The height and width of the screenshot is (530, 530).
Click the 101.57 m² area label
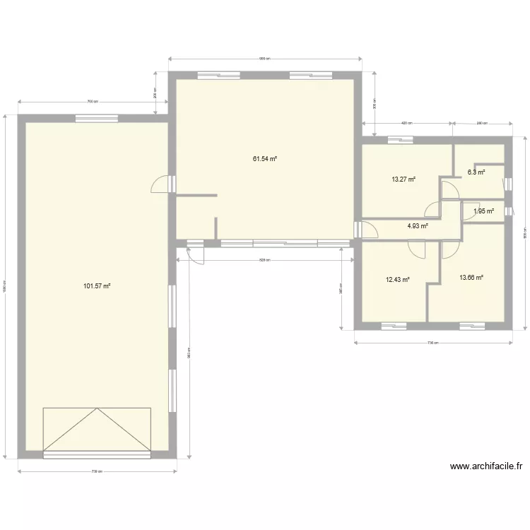pyautogui.click(x=98, y=286)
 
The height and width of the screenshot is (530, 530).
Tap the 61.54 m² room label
pyautogui.click(x=265, y=159)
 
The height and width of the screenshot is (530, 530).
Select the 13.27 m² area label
pyautogui.click(x=404, y=179)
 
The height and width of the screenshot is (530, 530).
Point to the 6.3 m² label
pyautogui.click(x=479, y=172)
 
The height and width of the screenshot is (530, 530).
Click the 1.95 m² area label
pyautogui.click(x=483, y=211)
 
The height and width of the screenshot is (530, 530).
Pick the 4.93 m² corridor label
pyautogui.click(x=418, y=226)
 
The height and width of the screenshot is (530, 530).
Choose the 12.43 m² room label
pyautogui.click(x=398, y=279)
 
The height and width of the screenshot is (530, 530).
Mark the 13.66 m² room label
pyautogui.click(x=471, y=278)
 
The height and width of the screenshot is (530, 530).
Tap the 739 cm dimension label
pyautogui.click(x=98, y=471)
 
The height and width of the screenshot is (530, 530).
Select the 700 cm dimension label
pyautogui.click(x=92, y=102)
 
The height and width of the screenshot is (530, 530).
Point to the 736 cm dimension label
pyautogui.click(x=432, y=343)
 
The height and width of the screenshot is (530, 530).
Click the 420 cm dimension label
pyautogui.click(x=406, y=124)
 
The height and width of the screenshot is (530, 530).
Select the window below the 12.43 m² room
pyautogui.click(x=393, y=326)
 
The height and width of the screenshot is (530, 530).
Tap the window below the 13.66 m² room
pyautogui.click(x=471, y=326)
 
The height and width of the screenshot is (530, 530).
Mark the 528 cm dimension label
pyautogui.click(x=264, y=260)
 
